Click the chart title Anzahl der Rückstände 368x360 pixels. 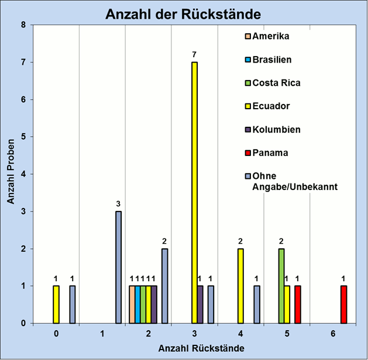[183, 13]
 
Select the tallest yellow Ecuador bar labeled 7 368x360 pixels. [195, 193]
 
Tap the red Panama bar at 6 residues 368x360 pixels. [344, 304]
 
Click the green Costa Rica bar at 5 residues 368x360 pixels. [281, 286]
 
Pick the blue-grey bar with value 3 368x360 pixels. [118, 267]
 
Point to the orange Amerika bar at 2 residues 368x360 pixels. [132, 304]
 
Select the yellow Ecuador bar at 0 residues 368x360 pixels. [56, 304]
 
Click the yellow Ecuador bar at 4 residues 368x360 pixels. [240, 286]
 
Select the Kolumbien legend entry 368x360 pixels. [272, 130]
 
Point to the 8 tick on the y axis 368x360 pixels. [23, 25]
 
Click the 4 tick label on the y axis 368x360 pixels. [23, 174]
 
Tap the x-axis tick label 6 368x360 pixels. [333, 334]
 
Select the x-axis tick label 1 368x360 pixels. [102, 334]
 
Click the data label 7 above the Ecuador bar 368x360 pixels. [195, 55]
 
